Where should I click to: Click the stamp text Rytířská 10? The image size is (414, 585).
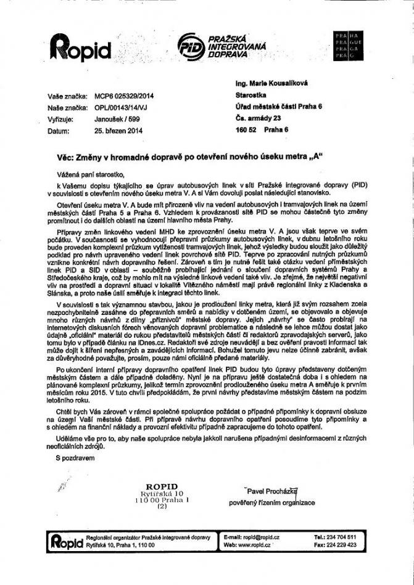(x=162, y=493)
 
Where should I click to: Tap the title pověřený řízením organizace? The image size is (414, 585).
(x=272, y=503)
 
